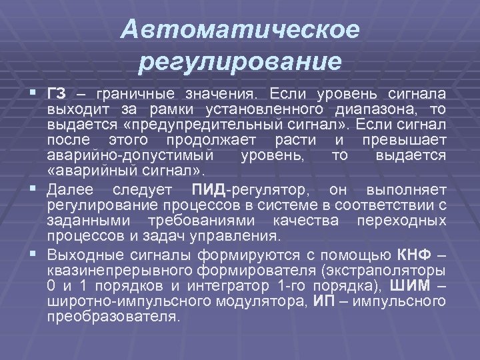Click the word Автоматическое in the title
[x=241, y=30]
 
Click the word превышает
[x=404, y=139]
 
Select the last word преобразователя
[x=113, y=317]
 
